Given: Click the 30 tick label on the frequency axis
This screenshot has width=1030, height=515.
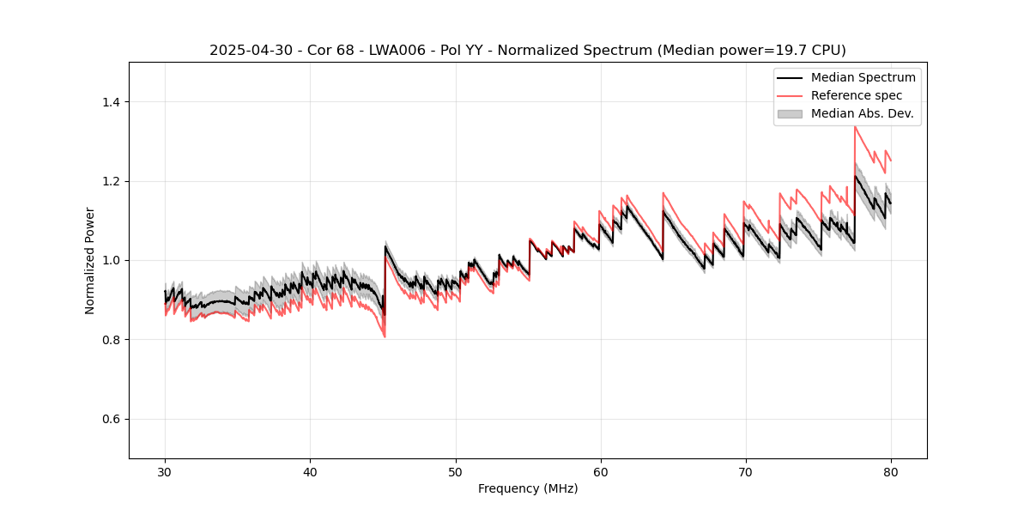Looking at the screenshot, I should click(165, 471).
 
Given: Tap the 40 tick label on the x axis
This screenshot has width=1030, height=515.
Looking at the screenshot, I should click(310, 471).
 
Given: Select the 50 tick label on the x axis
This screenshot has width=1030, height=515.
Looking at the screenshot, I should click(455, 471).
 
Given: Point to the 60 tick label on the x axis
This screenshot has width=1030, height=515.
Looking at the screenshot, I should click(600, 471).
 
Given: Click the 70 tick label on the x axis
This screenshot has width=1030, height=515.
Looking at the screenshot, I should click(745, 471).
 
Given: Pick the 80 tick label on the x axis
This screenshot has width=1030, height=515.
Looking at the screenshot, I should click(890, 471).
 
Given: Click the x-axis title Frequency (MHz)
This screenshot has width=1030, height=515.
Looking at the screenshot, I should click(528, 488).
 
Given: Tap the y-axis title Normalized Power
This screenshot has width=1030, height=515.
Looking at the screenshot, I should click(89, 260).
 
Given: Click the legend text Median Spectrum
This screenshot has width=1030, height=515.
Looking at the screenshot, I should click(863, 77).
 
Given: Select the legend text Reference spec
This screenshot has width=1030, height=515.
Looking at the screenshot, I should click(857, 95).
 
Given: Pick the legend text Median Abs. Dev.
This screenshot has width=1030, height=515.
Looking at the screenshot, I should click(862, 113).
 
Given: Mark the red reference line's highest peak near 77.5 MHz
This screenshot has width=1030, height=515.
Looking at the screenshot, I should click(855, 127).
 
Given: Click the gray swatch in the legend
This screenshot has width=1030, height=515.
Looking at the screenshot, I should click(790, 113).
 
